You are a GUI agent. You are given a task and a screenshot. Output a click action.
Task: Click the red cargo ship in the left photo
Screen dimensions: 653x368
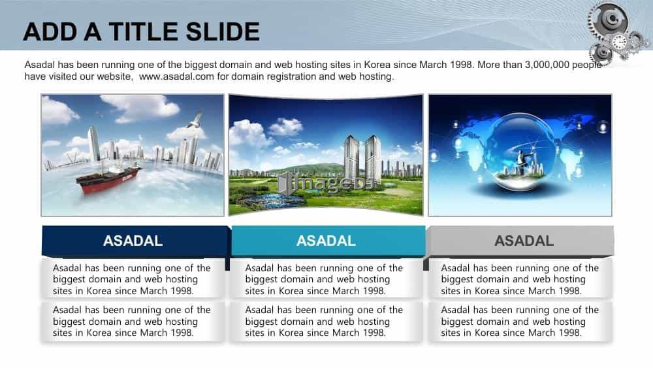pyautogui.click(x=108, y=178)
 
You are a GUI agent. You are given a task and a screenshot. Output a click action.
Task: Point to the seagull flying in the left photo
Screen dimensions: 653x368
pyautogui.click(x=195, y=120)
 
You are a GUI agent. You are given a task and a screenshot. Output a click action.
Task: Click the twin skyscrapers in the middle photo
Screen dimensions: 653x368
pyautogui.click(x=362, y=158)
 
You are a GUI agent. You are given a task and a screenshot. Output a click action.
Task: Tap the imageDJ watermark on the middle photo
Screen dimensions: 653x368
pyautogui.click(x=326, y=184)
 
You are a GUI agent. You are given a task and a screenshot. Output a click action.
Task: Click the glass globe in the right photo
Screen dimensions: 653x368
pyautogui.click(x=520, y=154)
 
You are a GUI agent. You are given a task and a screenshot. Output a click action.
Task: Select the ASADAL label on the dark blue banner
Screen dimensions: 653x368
pyautogui.click(x=133, y=241)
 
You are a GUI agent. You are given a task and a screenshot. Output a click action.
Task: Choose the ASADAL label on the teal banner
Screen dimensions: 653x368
pyautogui.click(x=326, y=241)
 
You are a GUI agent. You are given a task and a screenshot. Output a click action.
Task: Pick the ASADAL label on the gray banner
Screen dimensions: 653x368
pyautogui.click(x=524, y=241)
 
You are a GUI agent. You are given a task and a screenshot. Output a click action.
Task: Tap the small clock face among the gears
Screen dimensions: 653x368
pyautogui.click(x=619, y=42)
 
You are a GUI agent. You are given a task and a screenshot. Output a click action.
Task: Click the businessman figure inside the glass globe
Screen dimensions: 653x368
pyautogui.click(x=520, y=160)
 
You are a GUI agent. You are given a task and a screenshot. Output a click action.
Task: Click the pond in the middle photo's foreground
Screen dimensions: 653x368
pyautogui.click(x=271, y=201)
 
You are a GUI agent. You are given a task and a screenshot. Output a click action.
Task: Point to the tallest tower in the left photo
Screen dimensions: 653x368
pyautogui.click(x=93, y=143)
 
